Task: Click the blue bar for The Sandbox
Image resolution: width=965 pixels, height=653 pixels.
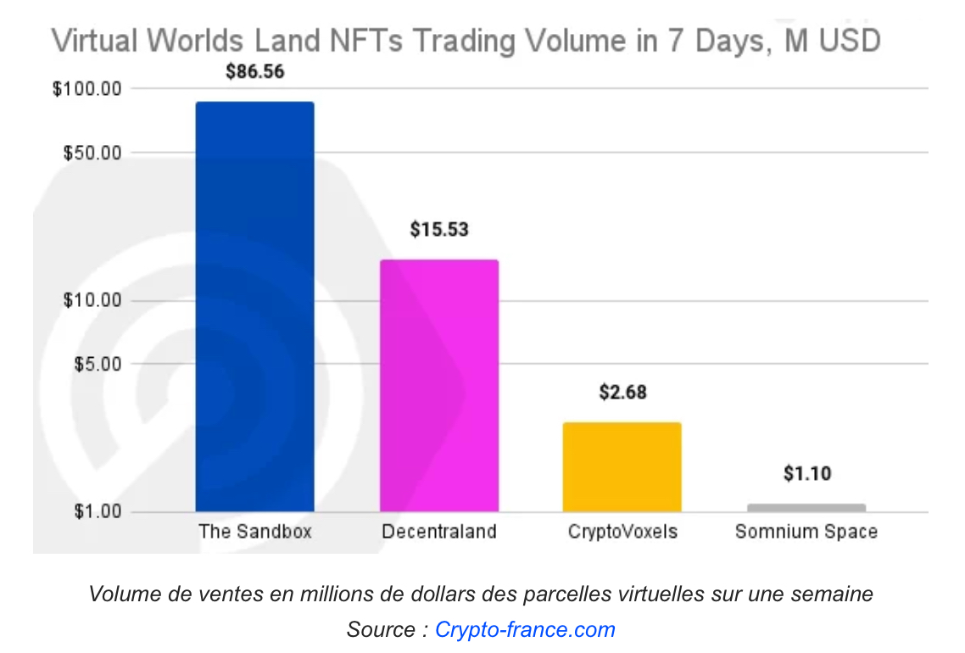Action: [254, 305]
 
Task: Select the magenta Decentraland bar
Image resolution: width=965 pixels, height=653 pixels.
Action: [438, 385]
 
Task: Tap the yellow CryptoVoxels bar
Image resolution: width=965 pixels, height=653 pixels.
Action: [622, 466]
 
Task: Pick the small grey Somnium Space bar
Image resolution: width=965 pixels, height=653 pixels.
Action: [806, 507]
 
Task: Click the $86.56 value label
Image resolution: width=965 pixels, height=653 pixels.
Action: [254, 71]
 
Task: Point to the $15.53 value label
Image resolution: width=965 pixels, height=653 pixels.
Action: [438, 229]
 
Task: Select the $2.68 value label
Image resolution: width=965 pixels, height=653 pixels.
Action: [622, 392]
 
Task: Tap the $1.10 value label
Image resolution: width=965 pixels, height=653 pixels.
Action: [806, 473]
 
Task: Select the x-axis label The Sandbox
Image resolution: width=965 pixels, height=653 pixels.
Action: [255, 533]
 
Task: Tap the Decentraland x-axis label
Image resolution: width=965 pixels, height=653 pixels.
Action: [438, 533]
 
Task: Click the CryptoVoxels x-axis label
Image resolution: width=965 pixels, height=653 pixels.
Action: [622, 533]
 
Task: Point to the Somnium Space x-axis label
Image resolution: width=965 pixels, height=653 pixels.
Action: [806, 533]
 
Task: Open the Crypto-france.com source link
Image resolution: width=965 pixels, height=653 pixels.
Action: [525, 630]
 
